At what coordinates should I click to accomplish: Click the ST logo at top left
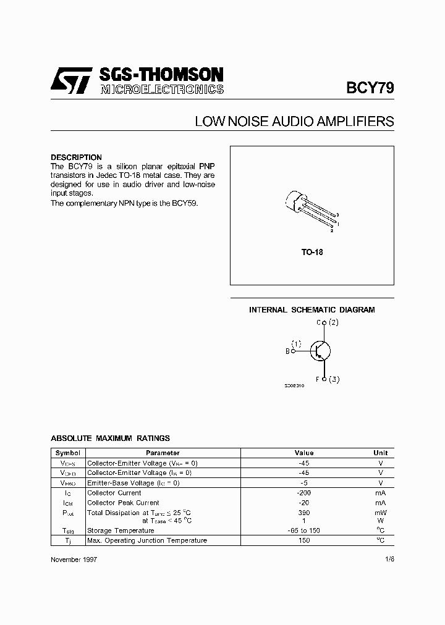click(72, 81)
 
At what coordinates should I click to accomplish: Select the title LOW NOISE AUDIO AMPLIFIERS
click(294, 122)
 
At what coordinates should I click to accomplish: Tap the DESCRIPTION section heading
click(76, 157)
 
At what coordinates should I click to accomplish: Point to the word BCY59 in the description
click(185, 203)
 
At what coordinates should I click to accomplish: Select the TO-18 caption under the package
click(312, 253)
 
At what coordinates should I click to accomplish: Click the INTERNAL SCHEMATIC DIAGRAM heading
click(311, 310)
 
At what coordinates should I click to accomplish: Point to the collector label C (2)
click(327, 322)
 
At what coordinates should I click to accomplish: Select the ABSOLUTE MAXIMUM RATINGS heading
click(110, 438)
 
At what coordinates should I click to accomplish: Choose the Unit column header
click(380, 453)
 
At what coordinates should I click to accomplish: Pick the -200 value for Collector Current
click(303, 493)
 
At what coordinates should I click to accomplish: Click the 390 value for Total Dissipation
click(303, 513)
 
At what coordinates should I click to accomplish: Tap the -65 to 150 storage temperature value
click(303, 531)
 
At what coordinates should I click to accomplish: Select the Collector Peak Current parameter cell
click(123, 503)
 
